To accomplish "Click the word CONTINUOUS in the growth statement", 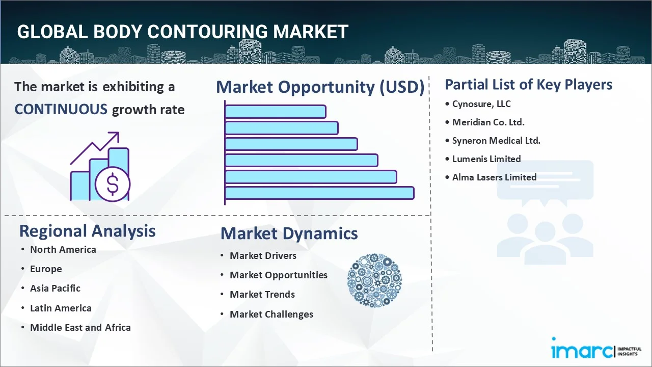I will click(61, 109).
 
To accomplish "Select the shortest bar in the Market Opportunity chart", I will click(275, 111).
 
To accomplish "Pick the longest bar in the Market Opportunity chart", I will click(319, 193).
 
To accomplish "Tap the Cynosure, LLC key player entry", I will click(481, 104).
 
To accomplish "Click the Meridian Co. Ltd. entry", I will click(488, 122).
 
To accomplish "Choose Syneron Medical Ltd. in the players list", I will click(496, 141).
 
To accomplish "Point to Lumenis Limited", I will click(486, 159).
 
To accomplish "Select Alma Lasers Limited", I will click(494, 177).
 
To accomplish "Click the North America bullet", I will click(63, 249).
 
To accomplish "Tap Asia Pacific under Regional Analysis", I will click(55, 288).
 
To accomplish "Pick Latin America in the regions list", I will click(61, 308).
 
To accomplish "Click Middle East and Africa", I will click(80, 327).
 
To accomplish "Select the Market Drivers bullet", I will click(263, 255).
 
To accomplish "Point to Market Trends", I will click(262, 294).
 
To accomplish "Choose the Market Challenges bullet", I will click(271, 314).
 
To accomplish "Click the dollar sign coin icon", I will click(113, 185).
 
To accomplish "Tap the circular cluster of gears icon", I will click(374, 281).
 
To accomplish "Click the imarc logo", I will click(582, 350).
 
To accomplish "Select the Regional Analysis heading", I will click(87, 231).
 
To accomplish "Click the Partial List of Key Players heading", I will click(528, 84).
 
